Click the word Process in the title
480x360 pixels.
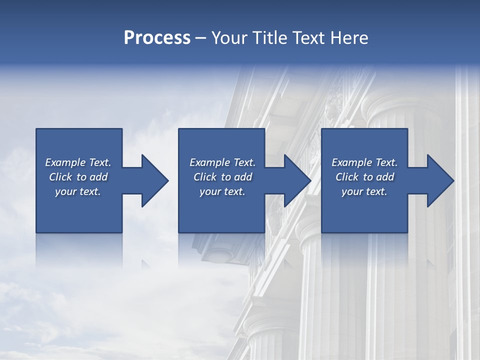click(x=157, y=38)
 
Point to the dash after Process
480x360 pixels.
click(x=201, y=38)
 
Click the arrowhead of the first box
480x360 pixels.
click(x=154, y=180)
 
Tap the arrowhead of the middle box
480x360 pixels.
click(x=297, y=180)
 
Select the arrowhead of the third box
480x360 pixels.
click(x=440, y=180)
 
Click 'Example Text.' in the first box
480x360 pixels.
click(x=78, y=162)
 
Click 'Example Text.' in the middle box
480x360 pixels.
click(x=222, y=162)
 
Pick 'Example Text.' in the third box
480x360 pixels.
click(x=364, y=162)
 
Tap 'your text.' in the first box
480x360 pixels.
click(x=78, y=191)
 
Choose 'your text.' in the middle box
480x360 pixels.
click(x=222, y=191)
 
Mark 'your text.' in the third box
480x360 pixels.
click(x=364, y=191)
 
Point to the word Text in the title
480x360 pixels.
click(x=309, y=38)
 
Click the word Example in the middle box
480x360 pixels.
click(x=209, y=162)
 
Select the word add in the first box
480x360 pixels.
click(x=98, y=177)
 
